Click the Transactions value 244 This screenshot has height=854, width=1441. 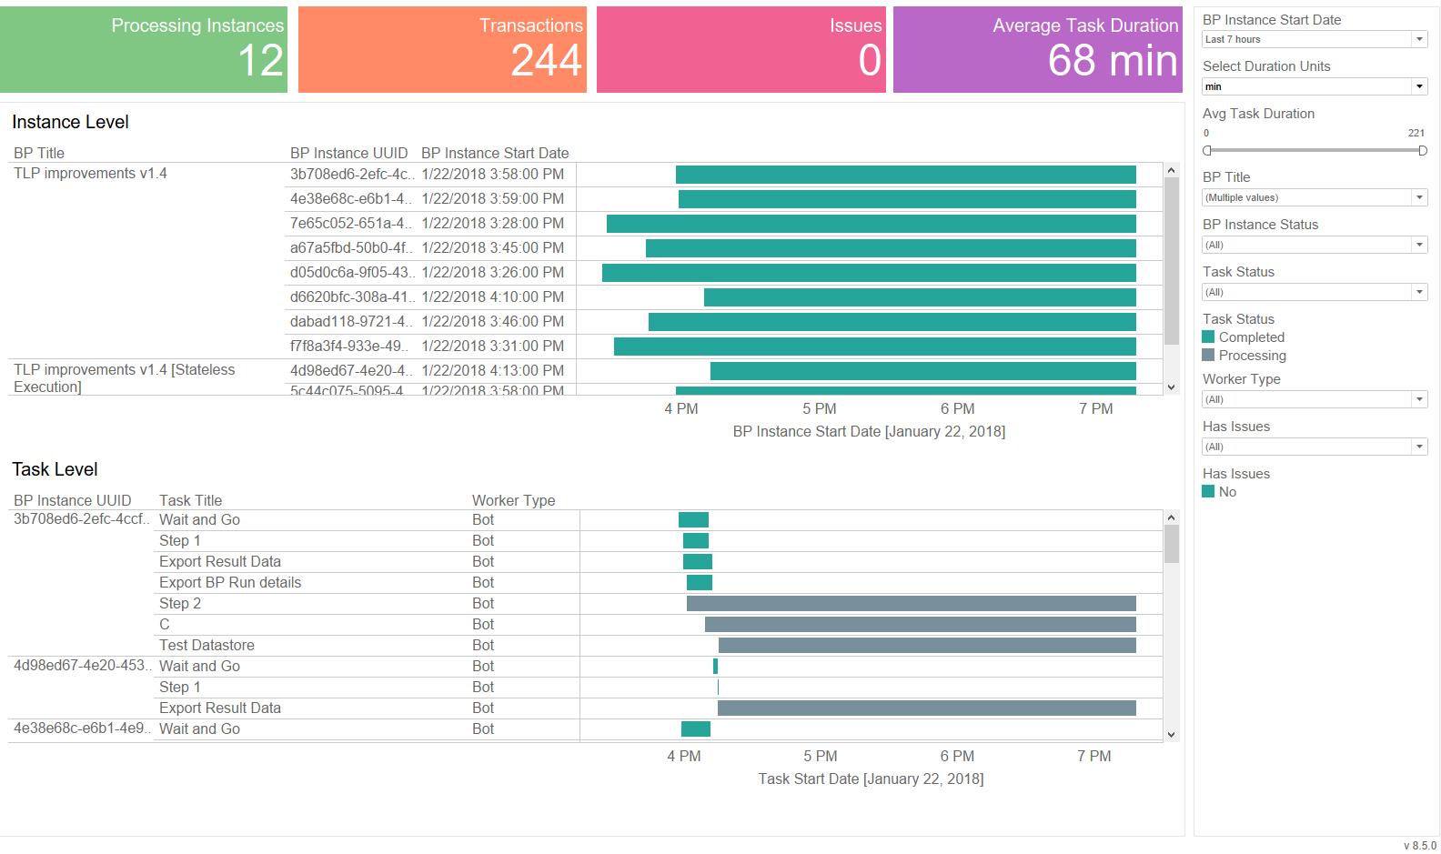coord(546,60)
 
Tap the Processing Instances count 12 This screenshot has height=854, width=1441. coord(260,60)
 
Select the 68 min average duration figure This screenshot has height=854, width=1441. coord(1113,60)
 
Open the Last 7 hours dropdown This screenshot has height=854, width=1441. coord(1315,39)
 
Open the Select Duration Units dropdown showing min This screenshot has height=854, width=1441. coord(1315,86)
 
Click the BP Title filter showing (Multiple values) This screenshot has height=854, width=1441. coord(1315,197)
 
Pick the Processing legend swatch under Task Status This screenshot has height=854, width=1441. coord(1208,355)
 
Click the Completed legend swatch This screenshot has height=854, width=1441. coord(1208,337)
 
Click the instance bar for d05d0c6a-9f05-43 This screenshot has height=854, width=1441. coord(869,273)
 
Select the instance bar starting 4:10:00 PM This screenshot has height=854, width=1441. coord(920,297)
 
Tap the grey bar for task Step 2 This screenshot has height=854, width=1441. coord(911,603)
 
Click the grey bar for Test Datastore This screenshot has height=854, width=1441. coord(927,645)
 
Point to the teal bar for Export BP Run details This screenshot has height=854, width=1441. coord(700,583)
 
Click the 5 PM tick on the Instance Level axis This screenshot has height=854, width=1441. coord(819,408)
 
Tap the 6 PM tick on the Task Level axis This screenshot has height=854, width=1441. coord(957,756)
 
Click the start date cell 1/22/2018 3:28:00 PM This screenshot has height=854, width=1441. coord(493,223)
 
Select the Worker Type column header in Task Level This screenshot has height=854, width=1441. coord(513,500)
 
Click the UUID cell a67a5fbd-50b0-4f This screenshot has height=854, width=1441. coord(350,247)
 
